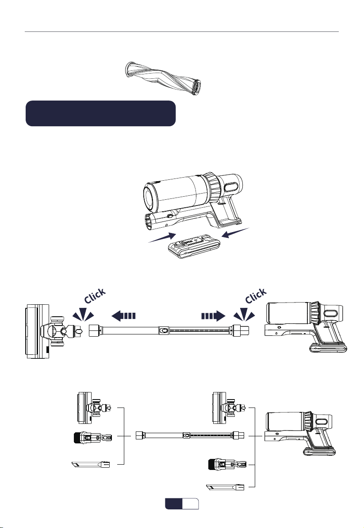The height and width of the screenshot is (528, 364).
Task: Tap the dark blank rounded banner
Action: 101,113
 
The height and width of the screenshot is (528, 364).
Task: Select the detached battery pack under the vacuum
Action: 194,247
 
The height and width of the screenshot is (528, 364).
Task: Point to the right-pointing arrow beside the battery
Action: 162,237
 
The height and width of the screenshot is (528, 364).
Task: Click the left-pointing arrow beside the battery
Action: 236,233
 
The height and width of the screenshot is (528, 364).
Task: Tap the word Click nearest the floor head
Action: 95,295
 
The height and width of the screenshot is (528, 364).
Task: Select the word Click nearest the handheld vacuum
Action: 256,295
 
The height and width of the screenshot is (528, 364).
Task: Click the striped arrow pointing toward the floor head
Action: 123,316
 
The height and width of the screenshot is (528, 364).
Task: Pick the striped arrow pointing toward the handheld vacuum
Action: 213,316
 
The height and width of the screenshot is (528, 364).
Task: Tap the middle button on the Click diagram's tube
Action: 164,331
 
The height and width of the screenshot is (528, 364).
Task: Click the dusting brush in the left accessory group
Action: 93,438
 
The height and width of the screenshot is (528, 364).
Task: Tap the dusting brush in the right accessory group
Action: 229,465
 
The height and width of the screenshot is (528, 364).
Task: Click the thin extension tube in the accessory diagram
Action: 190,435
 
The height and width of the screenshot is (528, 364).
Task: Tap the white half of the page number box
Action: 191,504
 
